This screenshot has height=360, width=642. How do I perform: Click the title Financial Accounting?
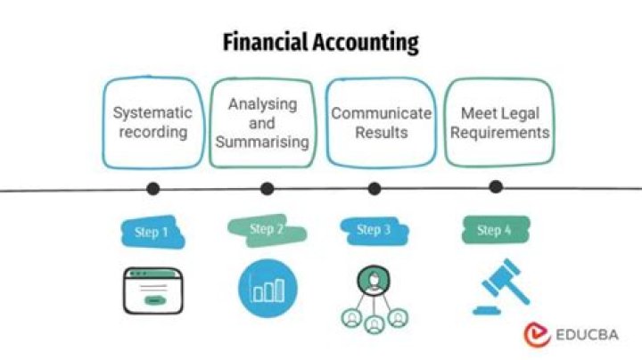click(x=319, y=42)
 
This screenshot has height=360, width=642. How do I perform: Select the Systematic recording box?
click(x=152, y=123)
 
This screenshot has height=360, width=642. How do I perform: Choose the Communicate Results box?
click(x=381, y=123)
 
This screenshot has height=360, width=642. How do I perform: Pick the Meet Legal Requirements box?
click(x=497, y=123)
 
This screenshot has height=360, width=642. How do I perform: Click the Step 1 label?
click(x=151, y=233)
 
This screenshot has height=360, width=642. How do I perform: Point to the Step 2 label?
click(x=266, y=229)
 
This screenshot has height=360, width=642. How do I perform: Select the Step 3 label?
click(x=373, y=230)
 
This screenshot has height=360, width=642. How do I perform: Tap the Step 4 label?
click(x=493, y=231)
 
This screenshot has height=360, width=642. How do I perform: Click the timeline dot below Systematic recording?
click(x=153, y=188)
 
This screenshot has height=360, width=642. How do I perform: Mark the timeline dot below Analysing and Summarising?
click(x=267, y=188)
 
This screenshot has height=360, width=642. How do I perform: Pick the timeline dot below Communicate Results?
click(x=374, y=188)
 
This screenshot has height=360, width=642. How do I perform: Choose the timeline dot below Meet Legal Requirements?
click(x=496, y=186)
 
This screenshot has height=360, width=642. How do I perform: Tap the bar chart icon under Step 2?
click(x=267, y=289)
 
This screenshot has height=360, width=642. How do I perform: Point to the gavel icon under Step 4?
click(x=498, y=287)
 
